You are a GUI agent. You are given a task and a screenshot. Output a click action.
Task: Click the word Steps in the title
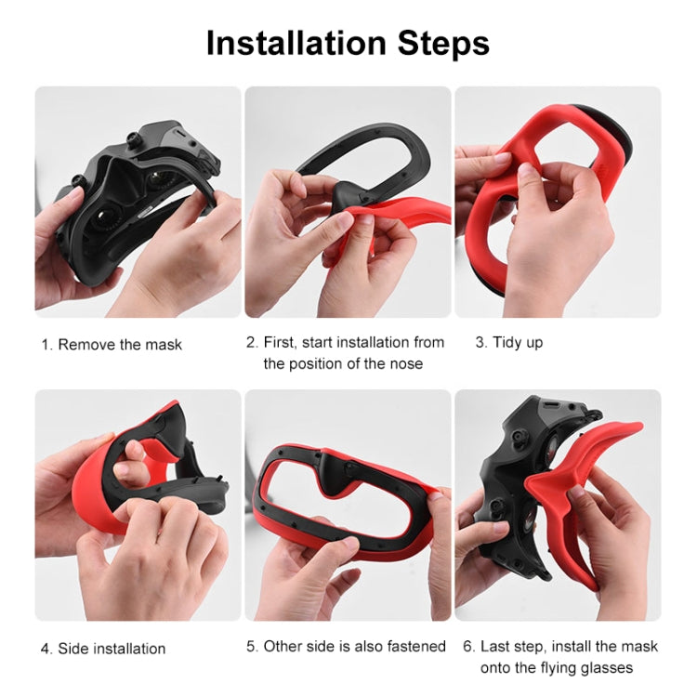438,43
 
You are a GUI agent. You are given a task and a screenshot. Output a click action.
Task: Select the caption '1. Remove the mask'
112,344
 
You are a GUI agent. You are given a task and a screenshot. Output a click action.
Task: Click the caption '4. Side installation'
103,648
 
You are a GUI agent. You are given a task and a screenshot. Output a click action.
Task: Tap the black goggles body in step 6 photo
506,465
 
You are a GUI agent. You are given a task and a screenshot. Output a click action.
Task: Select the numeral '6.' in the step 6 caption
467,646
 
